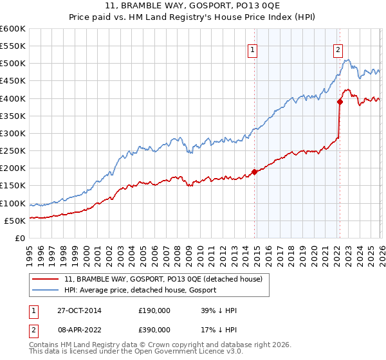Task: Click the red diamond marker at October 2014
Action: tap(254, 172)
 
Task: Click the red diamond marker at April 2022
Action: tap(340, 102)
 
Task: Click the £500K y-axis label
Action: tap(12, 64)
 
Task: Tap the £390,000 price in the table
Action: tap(154, 328)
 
